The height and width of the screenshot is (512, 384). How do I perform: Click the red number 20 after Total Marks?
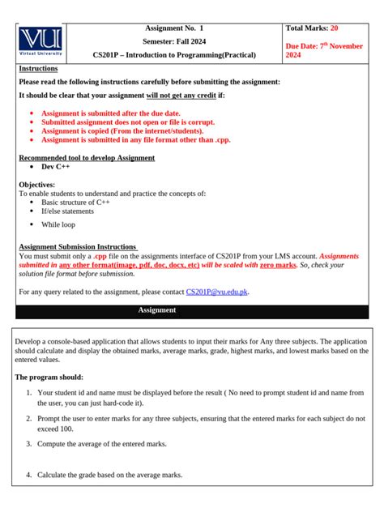pyautogui.click(x=335, y=28)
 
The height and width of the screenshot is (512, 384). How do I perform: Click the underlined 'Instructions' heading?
pyautogui.click(x=38, y=69)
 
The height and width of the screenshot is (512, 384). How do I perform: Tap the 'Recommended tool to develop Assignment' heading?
pyautogui.click(x=87, y=158)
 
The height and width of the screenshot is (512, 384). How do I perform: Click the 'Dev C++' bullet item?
pyautogui.click(x=56, y=167)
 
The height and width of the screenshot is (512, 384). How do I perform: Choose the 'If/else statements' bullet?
pyautogui.click(x=67, y=211)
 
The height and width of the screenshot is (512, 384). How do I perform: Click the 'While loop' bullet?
pyautogui.click(x=58, y=224)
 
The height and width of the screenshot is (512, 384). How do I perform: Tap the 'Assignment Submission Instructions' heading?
pyautogui.click(x=78, y=246)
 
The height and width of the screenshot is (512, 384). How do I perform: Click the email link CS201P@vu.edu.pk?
pyautogui.click(x=217, y=291)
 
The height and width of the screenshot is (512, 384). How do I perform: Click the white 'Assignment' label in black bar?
pyautogui.click(x=157, y=310)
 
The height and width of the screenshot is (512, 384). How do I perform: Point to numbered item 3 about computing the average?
pyautogui.click(x=101, y=444)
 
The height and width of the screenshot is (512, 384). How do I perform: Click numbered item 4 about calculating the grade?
pyautogui.click(x=109, y=475)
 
